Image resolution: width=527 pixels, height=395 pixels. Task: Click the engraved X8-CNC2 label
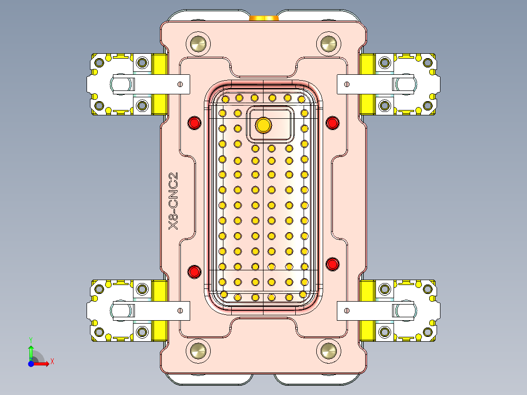(x=173, y=201)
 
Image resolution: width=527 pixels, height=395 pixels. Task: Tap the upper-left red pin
(x=195, y=123)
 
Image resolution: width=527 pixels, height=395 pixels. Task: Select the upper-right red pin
(x=332, y=123)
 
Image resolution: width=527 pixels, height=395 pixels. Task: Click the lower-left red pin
(x=195, y=271)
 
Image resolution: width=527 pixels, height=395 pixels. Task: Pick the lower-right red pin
(x=332, y=264)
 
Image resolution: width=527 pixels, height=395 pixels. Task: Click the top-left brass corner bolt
(x=199, y=44)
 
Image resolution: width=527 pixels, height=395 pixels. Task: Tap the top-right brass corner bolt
(x=328, y=44)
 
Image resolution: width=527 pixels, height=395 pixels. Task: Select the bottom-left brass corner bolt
(x=199, y=350)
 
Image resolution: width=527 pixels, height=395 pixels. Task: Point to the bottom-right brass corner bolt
(x=328, y=350)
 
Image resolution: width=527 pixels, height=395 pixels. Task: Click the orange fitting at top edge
(x=264, y=18)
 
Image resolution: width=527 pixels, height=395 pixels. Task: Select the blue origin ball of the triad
(x=31, y=364)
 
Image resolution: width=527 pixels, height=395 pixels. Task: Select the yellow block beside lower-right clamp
(x=367, y=310)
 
